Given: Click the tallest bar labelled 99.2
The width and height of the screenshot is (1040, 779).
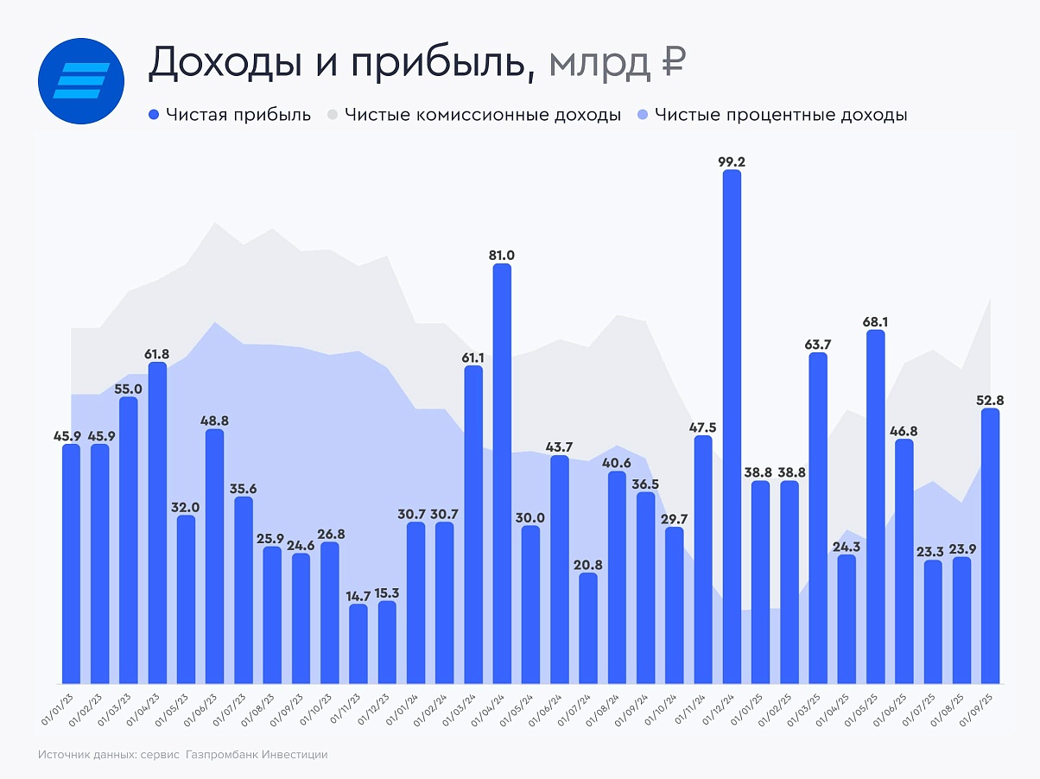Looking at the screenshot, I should (x=732, y=427).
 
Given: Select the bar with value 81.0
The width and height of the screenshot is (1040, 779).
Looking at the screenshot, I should (x=502, y=473).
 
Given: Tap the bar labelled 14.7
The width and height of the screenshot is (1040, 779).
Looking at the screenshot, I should (x=358, y=643).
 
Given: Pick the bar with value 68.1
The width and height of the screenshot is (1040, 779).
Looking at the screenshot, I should (x=875, y=506).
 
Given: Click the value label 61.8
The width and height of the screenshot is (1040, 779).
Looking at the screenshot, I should (x=157, y=353).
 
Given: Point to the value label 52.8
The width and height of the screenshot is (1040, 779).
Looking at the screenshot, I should (x=990, y=400).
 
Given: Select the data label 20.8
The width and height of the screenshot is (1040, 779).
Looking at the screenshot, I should (x=587, y=564).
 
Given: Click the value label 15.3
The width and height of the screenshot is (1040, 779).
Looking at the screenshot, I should (x=387, y=592).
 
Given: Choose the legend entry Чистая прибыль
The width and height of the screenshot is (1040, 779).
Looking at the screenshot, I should (x=229, y=115).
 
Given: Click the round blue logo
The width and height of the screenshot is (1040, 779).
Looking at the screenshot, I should (x=82, y=80).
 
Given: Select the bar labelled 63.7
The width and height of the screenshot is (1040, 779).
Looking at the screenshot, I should (x=818, y=517).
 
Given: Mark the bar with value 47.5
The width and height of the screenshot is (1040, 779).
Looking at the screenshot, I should (x=703, y=559).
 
